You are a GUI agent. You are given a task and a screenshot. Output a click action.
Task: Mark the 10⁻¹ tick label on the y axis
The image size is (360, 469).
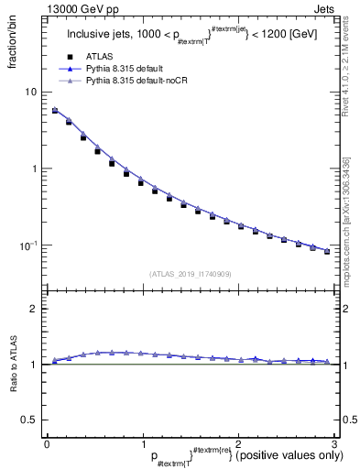coord(30,245)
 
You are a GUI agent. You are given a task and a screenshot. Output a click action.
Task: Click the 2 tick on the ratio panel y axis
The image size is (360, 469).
coord(34,309)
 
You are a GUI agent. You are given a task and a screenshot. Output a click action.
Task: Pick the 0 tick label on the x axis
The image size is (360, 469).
coord(47,443)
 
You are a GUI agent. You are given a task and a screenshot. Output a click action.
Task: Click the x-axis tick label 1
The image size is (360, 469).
coord(143,443)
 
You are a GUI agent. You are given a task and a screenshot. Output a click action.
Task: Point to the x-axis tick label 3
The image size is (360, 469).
coord(334,443)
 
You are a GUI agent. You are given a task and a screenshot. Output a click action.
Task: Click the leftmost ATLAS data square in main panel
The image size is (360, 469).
coord(55,111)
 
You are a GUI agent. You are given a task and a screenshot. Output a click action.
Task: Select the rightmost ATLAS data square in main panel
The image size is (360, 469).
coord(327,251)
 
